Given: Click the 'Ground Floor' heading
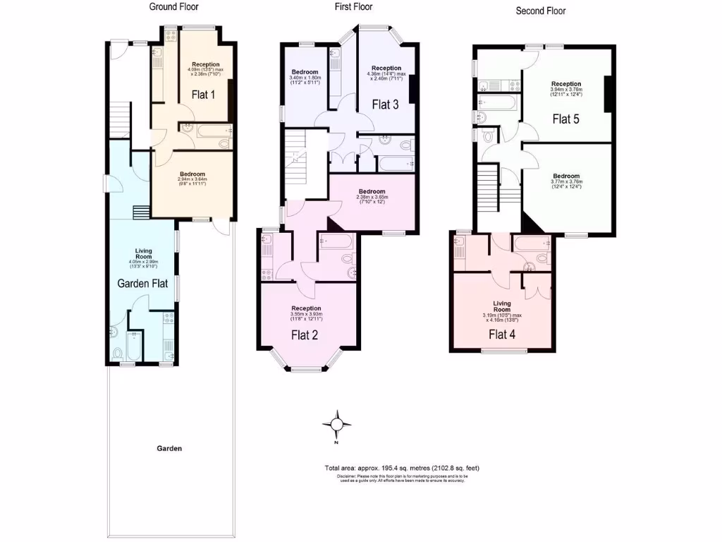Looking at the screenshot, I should point(173,7).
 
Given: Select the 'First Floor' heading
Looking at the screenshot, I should point(353,7).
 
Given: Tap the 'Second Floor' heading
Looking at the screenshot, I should point(541,11).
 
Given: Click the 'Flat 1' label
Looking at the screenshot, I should point(203,94).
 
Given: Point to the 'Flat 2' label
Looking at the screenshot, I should point(305,335).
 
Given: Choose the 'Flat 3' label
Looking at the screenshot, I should point(386,105).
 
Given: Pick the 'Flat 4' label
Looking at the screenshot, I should point(501,335).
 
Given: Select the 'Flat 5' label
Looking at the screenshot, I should point(565,119).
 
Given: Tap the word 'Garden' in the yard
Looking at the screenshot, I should point(169,448).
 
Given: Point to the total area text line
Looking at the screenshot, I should point(402,468).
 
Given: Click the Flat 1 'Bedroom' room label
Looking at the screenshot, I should point(192,174).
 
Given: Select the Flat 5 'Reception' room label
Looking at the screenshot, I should point(566,84).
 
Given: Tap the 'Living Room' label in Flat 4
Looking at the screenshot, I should point(501,306).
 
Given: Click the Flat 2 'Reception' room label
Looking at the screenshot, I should point(307,308).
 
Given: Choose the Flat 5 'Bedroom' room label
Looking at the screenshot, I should point(566,176).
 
